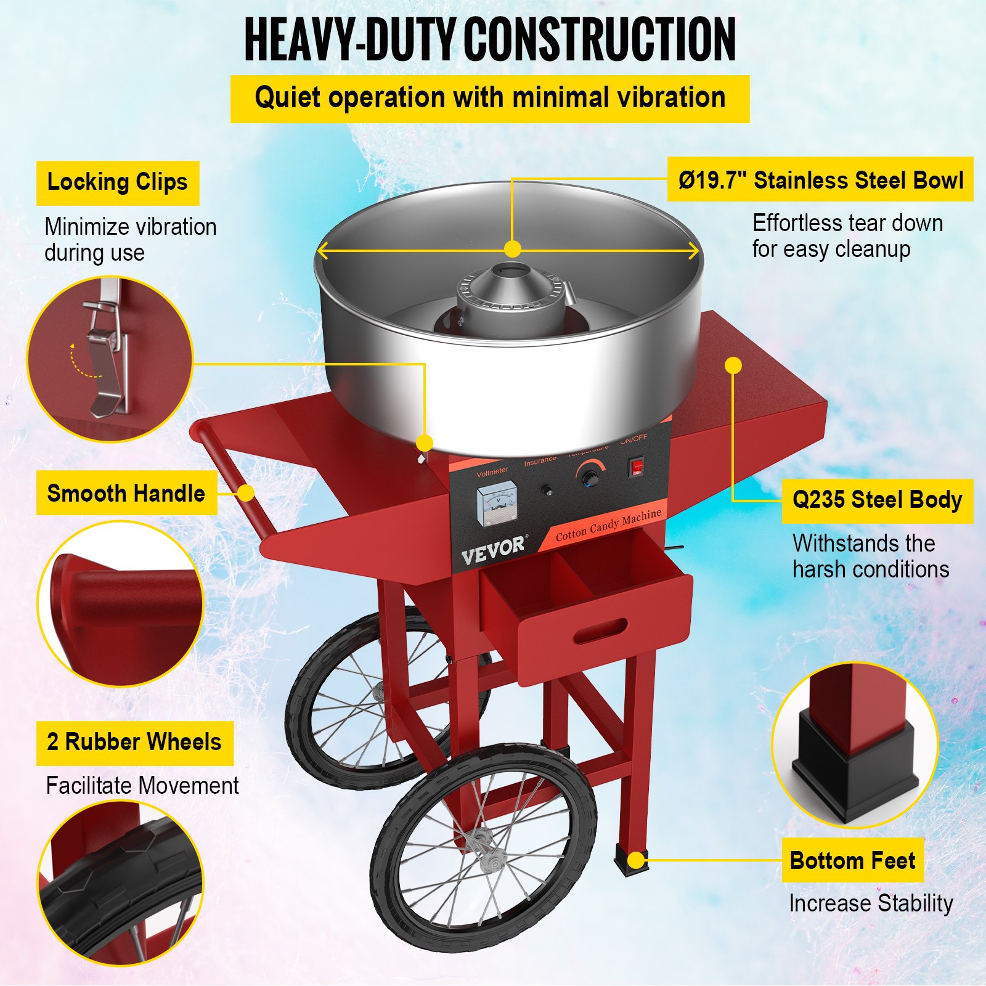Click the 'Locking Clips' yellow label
point(117,183)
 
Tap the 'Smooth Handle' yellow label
point(126,494)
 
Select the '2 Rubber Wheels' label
point(134,743)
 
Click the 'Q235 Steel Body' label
point(877,500)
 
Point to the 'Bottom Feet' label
point(852,860)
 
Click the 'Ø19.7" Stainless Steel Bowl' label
point(820,180)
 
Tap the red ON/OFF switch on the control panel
point(636,467)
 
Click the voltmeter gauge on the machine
point(497,505)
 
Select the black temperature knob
point(592,478)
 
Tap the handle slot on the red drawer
point(600,631)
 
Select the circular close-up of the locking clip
point(110,359)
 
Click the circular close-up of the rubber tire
point(120,882)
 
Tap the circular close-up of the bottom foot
point(854,744)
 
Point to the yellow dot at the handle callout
point(246,493)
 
